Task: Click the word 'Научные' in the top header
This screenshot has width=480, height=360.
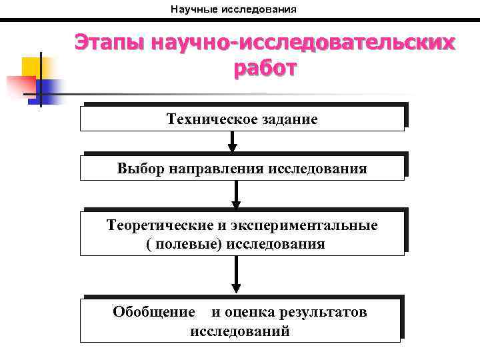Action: pos(192,10)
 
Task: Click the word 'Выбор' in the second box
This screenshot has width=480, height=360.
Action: pos(138,168)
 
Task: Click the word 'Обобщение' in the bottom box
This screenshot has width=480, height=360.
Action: pos(154,312)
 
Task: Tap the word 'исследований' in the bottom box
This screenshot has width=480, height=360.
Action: pos(240,331)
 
